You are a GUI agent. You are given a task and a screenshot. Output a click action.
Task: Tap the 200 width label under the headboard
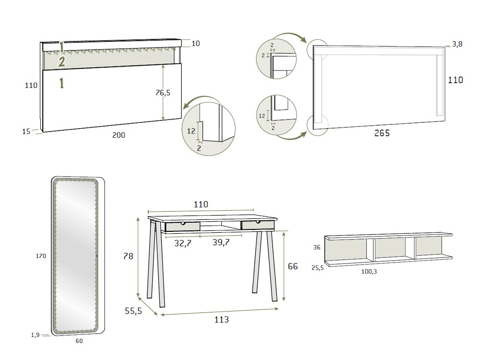tap(119, 135)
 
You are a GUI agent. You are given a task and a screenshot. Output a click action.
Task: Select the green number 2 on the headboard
tap(61, 61)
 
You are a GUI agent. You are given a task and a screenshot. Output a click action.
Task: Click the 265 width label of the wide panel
tap(382, 133)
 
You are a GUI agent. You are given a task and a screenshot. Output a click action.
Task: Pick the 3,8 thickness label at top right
tap(457, 44)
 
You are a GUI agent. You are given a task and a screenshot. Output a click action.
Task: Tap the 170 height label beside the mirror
tap(41, 256)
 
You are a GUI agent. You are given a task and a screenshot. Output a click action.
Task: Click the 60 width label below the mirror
tap(79, 341)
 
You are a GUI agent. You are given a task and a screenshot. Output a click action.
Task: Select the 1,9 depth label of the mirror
tap(35, 335)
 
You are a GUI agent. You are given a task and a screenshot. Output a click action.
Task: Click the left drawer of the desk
tap(182, 226)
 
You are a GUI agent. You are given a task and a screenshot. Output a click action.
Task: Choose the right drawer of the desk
tap(258, 225)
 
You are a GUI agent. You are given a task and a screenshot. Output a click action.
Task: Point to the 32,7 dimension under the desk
tap(182, 243)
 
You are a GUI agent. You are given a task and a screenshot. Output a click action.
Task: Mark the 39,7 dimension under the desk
tap(221, 243)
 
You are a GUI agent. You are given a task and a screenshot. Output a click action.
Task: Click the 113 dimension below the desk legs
tap(221, 320)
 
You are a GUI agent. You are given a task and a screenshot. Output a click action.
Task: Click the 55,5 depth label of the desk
tap(133, 311)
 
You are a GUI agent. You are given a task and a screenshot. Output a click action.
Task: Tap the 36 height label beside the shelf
tap(317, 248)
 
